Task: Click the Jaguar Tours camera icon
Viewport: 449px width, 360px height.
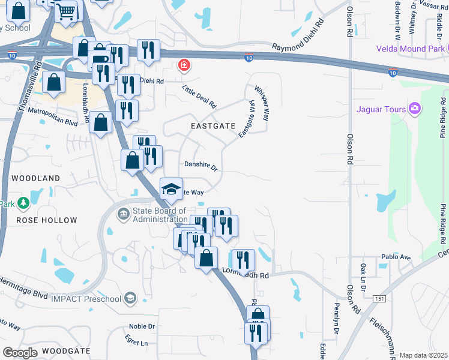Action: (415, 109)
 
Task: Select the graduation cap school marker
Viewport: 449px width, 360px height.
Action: (171, 188)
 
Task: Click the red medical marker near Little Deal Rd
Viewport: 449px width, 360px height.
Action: (184, 64)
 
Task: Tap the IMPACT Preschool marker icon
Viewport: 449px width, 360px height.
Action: (129, 298)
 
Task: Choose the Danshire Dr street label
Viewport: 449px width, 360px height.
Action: (200, 165)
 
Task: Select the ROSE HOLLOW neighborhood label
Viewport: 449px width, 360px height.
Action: (47, 220)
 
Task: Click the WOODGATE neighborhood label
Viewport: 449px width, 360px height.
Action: (62, 350)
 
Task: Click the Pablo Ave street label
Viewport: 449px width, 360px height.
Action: (396, 257)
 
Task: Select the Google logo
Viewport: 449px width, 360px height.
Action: (20, 353)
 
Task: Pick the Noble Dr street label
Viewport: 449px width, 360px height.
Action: (142, 326)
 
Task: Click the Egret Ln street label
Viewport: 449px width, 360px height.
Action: (136, 343)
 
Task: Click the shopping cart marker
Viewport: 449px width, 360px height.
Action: (67, 10)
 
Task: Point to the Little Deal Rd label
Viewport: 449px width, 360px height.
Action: (199, 96)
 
